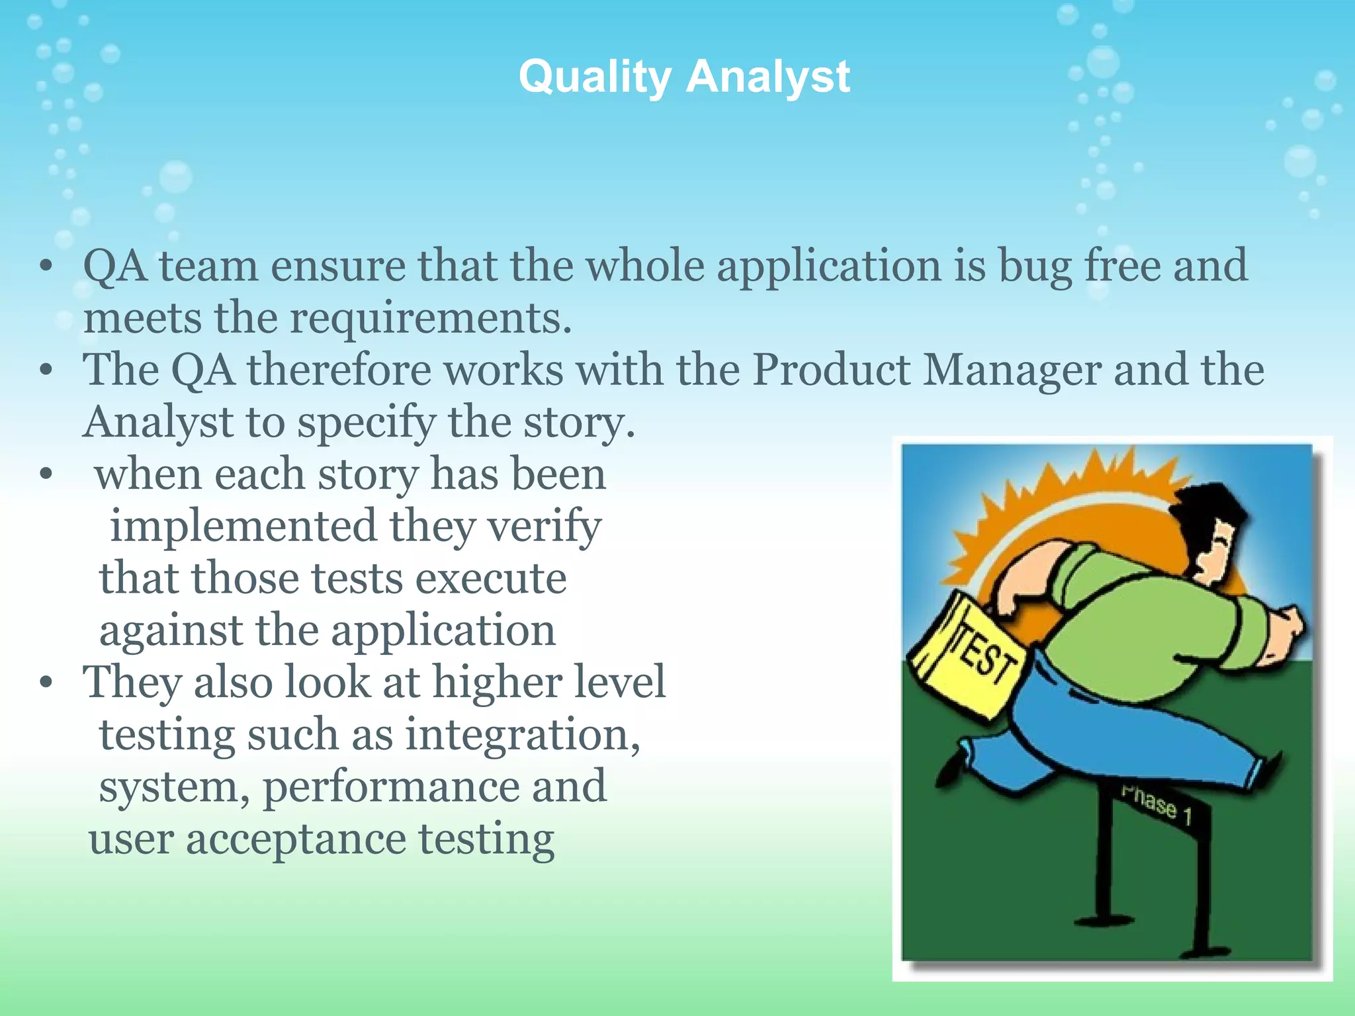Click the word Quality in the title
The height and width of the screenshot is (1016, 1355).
click(594, 77)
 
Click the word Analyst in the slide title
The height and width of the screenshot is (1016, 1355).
click(767, 77)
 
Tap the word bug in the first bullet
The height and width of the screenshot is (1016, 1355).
click(1034, 267)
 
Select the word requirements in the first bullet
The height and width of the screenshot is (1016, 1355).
click(430, 319)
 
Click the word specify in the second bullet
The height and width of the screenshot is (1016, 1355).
click(367, 423)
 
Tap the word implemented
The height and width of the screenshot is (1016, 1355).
click(243, 527)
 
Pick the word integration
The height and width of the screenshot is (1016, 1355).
click(522, 735)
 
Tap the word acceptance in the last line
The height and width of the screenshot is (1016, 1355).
click(296, 839)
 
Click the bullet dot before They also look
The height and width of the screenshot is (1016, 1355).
click(45, 683)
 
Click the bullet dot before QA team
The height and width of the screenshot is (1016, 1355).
click(45, 267)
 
